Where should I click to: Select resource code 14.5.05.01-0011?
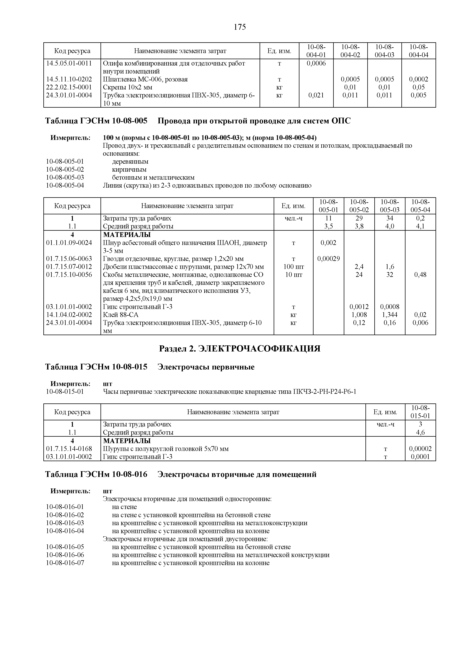click(69, 63)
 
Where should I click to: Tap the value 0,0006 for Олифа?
click(316, 63)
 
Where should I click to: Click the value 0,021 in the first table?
click(316, 95)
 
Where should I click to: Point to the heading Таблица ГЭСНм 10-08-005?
click(96, 121)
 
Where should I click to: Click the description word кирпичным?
click(129, 170)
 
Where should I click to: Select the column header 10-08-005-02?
click(359, 206)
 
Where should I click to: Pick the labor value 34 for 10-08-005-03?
click(390, 218)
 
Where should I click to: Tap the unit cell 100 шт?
click(294, 267)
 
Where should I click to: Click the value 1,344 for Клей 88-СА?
click(390, 315)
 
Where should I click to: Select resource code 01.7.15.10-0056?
click(69, 275)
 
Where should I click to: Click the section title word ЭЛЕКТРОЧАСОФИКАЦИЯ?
click(259, 349)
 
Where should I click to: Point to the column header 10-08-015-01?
click(420, 412)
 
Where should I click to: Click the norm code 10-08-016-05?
click(65, 547)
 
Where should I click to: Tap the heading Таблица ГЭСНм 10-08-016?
click(96, 474)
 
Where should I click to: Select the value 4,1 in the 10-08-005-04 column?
click(420, 226)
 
